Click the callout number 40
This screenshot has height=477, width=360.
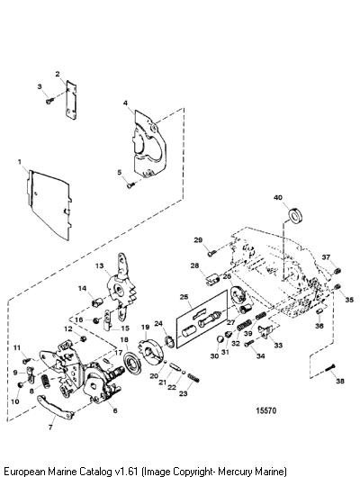pos(278,198)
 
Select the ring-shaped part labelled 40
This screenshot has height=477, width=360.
pos(294,216)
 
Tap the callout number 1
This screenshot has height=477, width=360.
pos(19,161)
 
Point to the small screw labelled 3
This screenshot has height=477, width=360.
pos(49,100)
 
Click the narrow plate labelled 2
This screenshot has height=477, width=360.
pos(71,100)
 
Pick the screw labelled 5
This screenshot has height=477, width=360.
pos(131,185)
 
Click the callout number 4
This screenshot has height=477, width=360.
pos(125,103)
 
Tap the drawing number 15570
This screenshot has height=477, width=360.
pos(266,410)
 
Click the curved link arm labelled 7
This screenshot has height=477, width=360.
pos(56,407)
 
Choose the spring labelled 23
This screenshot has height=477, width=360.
pos(193,377)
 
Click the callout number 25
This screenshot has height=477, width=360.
pos(184,297)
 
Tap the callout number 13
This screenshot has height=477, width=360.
pos(100,265)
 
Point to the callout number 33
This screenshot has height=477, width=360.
pos(278,345)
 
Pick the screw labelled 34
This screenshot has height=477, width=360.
pos(249,344)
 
